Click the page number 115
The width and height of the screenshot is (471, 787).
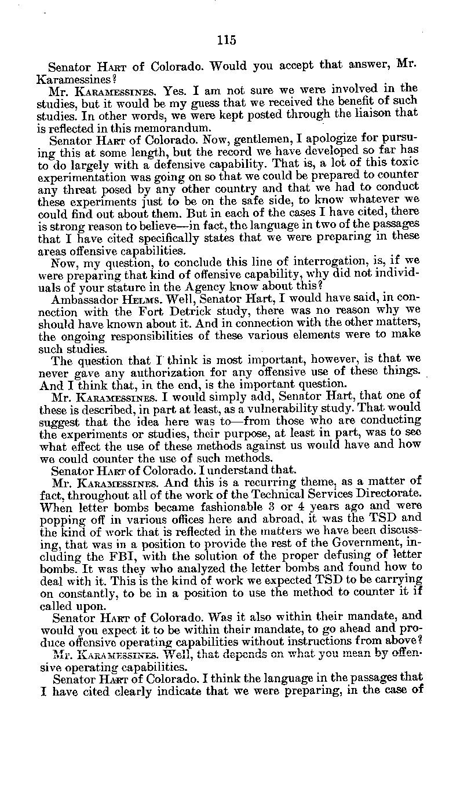pyautogui.click(x=227, y=40)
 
